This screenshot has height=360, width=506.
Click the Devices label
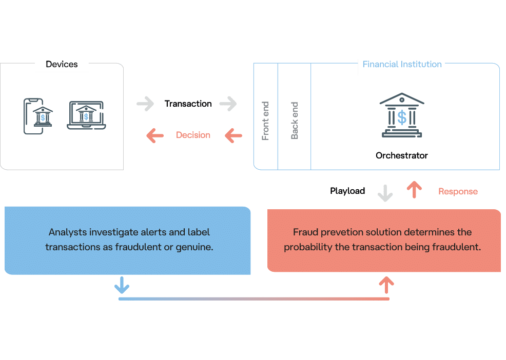tap(62, 65)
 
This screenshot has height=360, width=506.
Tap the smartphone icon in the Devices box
tap(34, 116)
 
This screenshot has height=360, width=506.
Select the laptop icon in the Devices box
tap(86, 115)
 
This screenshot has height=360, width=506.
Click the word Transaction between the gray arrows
tap(188, 104)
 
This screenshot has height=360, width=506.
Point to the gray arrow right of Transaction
tap(228, 104)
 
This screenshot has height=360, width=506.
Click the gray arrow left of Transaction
tap(145, 104)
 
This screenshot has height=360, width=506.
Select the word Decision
tap(193, 135)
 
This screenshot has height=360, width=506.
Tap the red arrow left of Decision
tap(155, 135)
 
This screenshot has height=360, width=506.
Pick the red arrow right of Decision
tap(233, 135)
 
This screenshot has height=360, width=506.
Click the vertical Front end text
tap(265, 121)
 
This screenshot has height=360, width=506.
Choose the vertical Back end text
tap(295, 121)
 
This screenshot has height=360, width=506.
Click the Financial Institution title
tap(402, 65)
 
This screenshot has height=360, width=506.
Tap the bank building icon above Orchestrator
tap(402, 115)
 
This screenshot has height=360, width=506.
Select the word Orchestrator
tap(402, 155)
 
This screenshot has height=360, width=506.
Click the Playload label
tap(347, 191)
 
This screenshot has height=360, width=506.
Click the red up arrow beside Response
tap(414, 190)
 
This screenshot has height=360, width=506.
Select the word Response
tap(458, 192)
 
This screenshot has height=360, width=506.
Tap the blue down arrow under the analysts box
tap(122, 284)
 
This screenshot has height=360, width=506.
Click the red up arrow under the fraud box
tap(386, 285)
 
